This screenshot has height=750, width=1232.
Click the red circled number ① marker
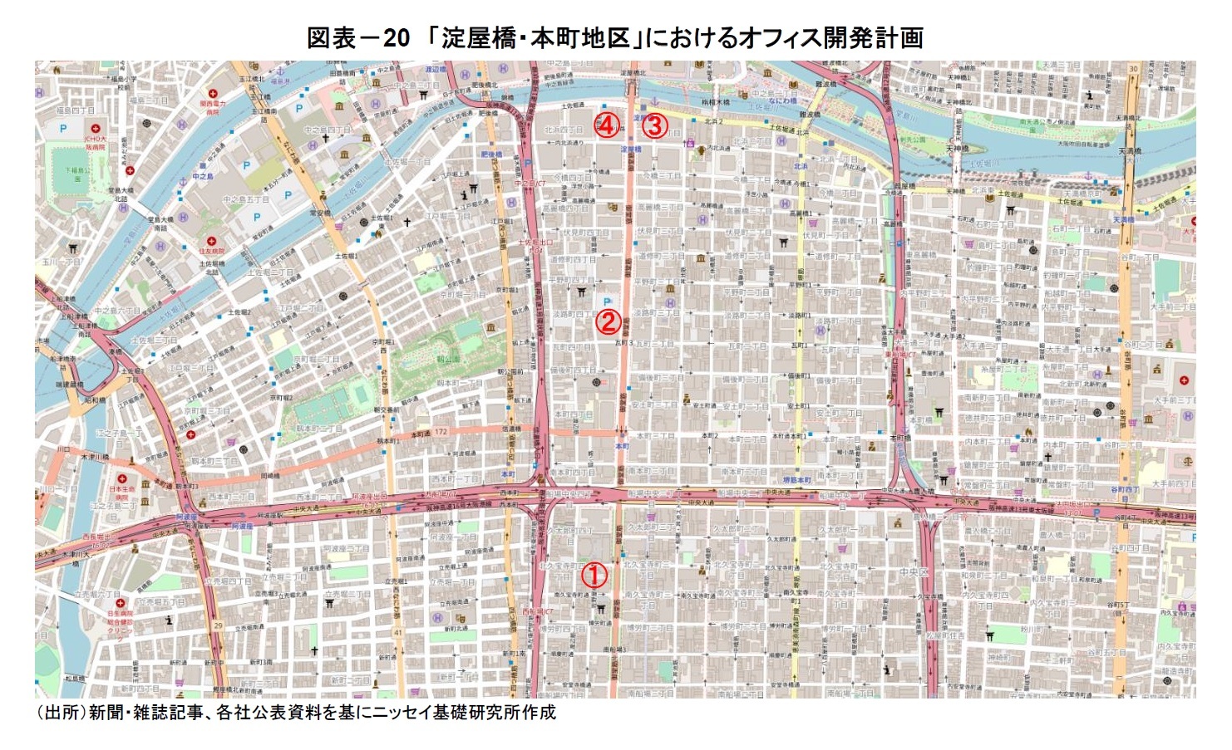click(594, 576)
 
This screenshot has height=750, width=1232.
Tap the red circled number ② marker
click(608, 322)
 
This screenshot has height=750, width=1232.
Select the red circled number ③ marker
click(655, 125)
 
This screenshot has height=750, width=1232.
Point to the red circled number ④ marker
click(607, 125)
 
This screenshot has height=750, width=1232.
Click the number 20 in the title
click(396, 37)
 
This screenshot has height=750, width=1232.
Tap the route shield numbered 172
click(440, 432)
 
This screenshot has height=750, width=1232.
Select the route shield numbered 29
click(219, 625)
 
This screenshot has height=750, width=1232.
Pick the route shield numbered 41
click(398, 633)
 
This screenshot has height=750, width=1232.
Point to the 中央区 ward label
click(919, 572)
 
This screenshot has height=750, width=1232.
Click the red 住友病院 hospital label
click(211, 251)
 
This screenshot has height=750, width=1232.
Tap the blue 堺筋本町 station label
click(798, 480)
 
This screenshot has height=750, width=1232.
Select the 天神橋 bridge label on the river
click(958, 149)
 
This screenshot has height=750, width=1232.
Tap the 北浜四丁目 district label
click(564, 130)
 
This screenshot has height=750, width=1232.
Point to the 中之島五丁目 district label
click(246, 199)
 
